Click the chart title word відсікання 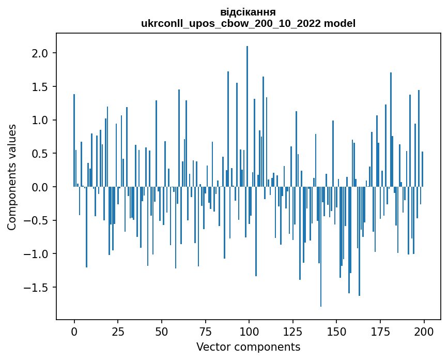coord(248,12)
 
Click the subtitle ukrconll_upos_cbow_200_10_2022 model coord(248,23)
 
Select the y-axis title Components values coord(12,177)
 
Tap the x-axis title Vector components coord(248,347)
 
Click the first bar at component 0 coord(74,140)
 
